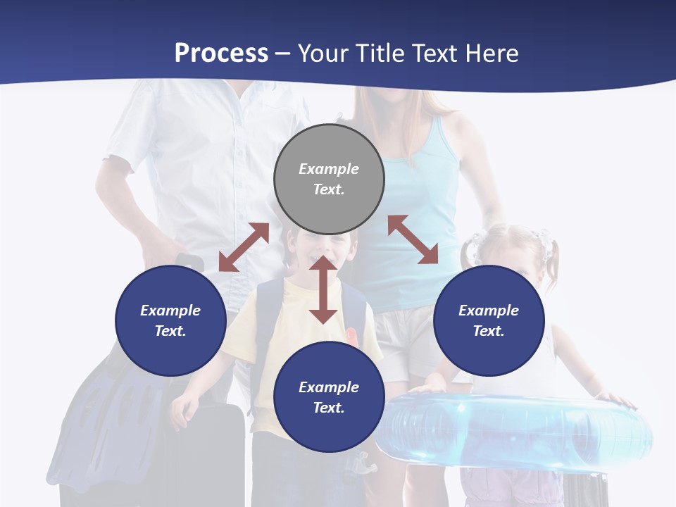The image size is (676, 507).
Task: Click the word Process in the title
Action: point(221,54)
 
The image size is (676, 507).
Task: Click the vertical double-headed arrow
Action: point(323,290)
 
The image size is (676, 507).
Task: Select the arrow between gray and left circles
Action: point(244,247)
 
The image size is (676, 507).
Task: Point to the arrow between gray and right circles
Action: point(413,239)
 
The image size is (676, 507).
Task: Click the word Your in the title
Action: point(325,54)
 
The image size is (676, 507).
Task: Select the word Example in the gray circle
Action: point(329,169)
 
